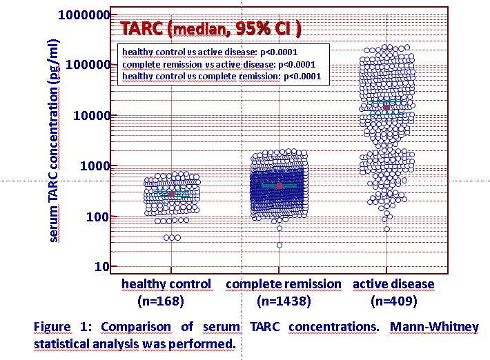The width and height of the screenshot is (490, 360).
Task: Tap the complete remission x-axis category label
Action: click(x=283, y=284)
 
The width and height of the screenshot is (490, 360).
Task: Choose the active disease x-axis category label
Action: click(x=393, y=284)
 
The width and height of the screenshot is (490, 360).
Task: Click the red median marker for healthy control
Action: click(x=172, y=194)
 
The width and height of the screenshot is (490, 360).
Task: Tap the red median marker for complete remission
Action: click(x=280, y=186)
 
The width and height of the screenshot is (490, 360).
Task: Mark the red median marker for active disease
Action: click(x=386, y=107)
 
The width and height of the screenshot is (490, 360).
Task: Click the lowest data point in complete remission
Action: click(x=280, y=245)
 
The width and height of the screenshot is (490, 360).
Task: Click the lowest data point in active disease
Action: click(x=386, y=228)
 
